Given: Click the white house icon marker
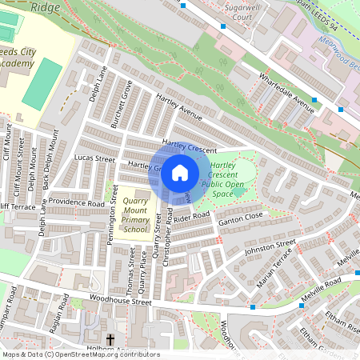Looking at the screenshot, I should coord(180,172).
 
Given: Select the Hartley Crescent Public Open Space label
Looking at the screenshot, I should coord(228,179).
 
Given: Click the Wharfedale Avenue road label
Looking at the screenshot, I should coord(286,91).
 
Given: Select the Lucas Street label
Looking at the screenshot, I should coord(94,158).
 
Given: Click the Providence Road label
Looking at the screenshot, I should coord(75,204).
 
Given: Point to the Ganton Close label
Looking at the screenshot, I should coord(241,216).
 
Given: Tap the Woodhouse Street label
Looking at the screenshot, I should coord(119,302).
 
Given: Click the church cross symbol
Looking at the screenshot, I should coord(110,339).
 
